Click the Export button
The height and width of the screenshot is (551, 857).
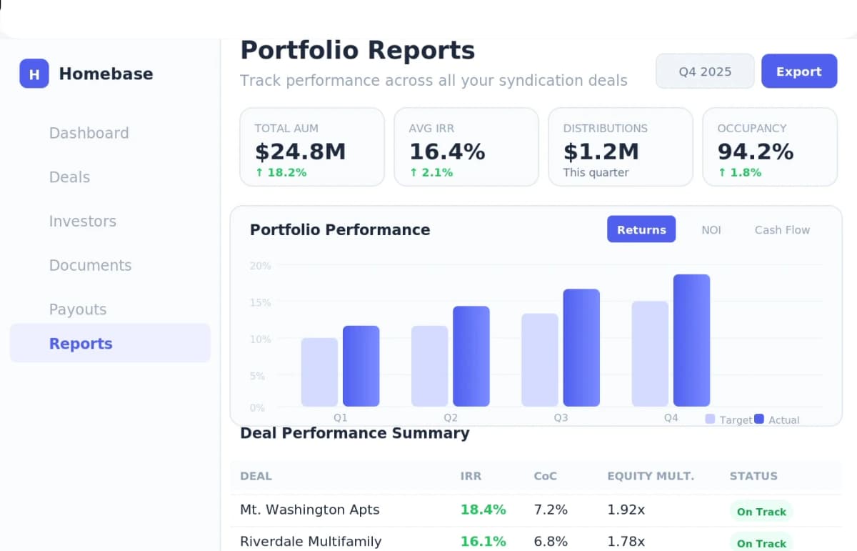(x=798, y=71)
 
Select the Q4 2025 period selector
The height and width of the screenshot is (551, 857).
(x=705, y=71)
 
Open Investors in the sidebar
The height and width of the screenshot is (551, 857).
(x=82, y=222)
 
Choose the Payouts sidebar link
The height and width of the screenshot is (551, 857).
(x=78, y=309)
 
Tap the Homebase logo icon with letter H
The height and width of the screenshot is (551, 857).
(x=34, y=74)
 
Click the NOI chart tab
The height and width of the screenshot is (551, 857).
(x=711, y=229)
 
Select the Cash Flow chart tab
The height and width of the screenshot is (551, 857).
(x=782, y=229)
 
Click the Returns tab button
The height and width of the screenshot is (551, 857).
(x=641, y=229)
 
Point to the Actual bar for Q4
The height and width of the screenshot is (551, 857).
(x=691, y=340)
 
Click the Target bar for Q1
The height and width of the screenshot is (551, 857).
(x=319, y=372)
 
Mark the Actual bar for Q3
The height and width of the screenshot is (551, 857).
(x=581, y=347)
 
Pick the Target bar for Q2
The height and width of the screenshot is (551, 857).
(x=429, y=366)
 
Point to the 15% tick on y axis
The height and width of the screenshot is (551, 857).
(x=260, y=302)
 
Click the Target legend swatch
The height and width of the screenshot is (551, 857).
(x=710, y=420)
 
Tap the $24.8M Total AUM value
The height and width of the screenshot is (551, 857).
(x=300, y=152)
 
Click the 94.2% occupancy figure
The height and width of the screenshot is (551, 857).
(x=756, y=152)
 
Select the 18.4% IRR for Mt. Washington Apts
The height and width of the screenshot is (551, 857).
(x=483, y=510)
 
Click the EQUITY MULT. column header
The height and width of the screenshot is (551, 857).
(x=650, y=476)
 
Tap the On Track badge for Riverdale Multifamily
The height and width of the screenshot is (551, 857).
(x=761, y=543)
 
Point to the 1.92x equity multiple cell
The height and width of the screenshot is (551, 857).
(x=626, y=510)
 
